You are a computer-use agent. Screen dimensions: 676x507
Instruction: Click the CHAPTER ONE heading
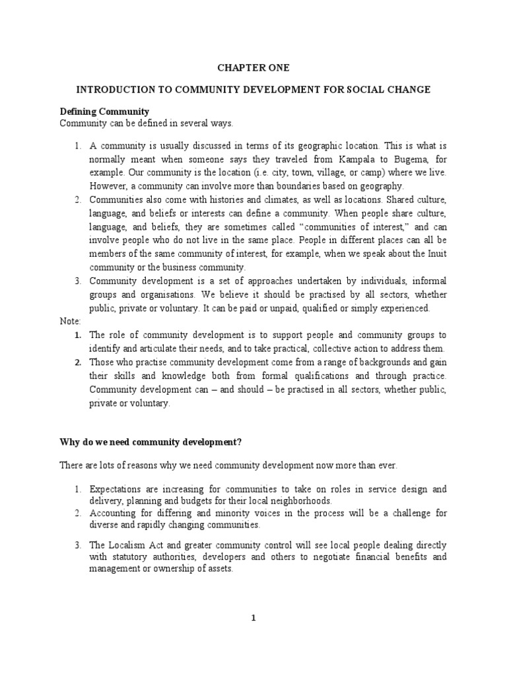[253, 67]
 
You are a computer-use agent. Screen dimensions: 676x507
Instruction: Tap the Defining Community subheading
[105, 111]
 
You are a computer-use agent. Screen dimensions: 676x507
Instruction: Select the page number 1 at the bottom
[253, 618]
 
